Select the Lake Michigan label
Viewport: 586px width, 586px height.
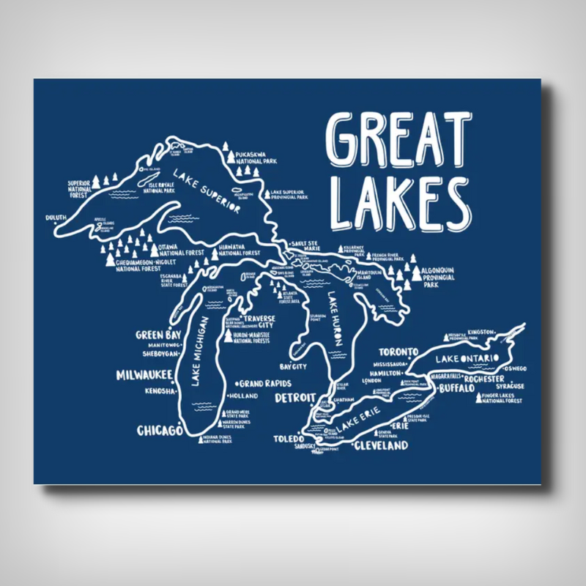(x=200, y=351)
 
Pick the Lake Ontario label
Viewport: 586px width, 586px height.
(x=467, y=358)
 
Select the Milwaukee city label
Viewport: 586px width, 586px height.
(x=144, y=375)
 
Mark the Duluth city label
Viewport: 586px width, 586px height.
(x=56, y=218)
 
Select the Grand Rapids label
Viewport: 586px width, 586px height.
(x=266, y=383)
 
